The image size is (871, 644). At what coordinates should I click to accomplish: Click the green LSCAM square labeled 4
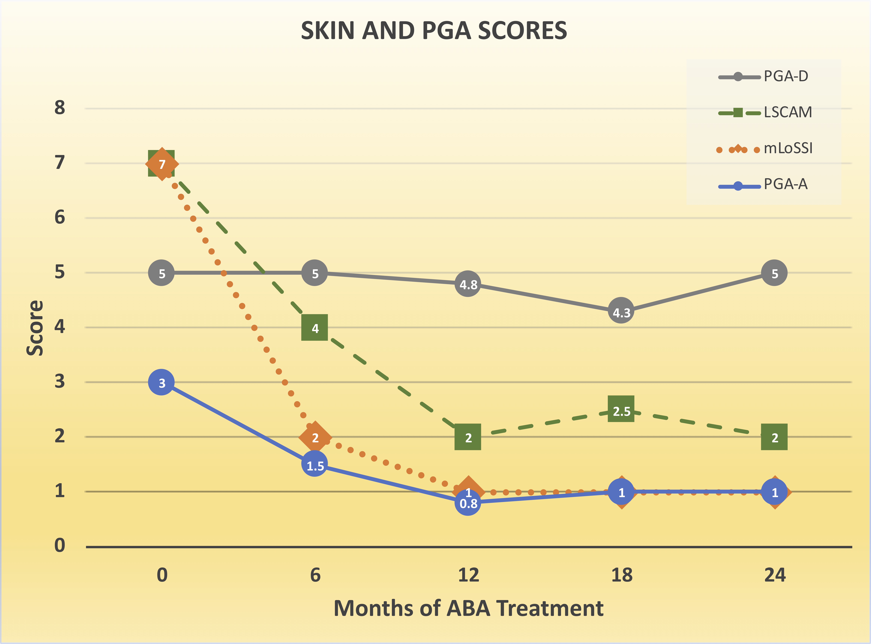tap(315, 327)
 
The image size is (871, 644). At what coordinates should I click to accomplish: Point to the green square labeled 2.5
tap(621, 409)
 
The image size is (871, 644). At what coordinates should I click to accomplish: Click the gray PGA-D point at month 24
tap(774, 273)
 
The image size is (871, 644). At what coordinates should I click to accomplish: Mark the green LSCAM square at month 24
tap(774, 437)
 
